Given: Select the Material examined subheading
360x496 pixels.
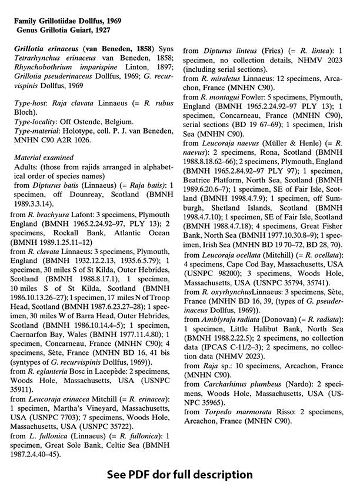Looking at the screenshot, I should tap(44, 157).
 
